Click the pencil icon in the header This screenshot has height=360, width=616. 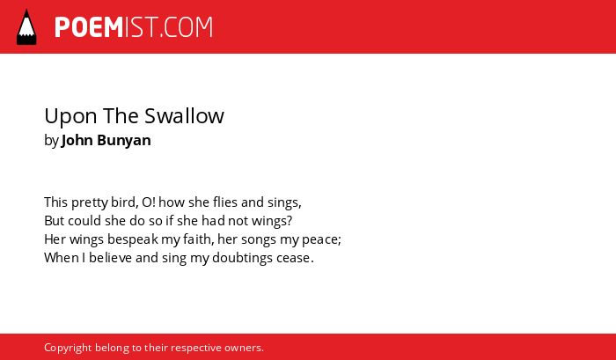26,27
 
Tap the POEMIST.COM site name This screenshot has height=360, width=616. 134,27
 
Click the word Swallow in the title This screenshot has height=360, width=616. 184,116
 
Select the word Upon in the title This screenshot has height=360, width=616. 70,117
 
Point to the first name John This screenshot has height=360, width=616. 77,140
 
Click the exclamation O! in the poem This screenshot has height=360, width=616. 149,202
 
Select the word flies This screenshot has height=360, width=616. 225,202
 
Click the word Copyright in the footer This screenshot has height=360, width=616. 68,349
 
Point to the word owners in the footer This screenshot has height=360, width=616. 242,349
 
